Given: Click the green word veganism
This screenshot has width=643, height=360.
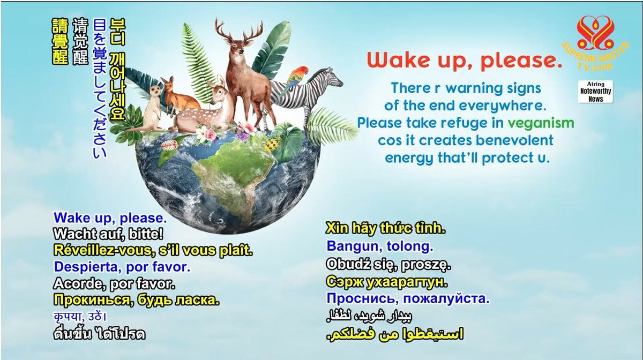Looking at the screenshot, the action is (x=541, y=123).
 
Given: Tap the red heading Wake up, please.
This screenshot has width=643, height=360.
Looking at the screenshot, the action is (x=464, y=61).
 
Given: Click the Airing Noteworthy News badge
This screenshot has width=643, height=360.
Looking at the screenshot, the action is (x=596, y=92).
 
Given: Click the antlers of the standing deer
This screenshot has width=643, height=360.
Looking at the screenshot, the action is (x=239, y=31).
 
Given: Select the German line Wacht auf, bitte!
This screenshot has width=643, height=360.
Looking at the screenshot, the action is (x=108, y=234).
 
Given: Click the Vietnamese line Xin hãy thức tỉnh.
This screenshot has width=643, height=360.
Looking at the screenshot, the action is (x=385, y=229).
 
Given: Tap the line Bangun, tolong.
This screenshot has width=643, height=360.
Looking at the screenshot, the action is (x=380, y=246).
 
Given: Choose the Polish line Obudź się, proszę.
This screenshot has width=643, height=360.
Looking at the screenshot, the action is (x=388, y=265).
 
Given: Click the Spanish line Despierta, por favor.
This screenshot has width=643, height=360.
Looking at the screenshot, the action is (x=122, y=267).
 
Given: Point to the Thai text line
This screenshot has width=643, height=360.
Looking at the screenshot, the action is (x=100, y=334).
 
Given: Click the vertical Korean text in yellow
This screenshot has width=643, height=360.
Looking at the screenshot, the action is (x=117, y=70).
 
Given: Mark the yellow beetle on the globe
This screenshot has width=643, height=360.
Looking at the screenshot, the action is (x=272, y=145).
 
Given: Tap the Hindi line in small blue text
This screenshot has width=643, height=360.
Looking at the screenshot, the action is (x=80, y=317).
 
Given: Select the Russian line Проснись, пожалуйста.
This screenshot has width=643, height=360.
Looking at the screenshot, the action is (x=408, y=299).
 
